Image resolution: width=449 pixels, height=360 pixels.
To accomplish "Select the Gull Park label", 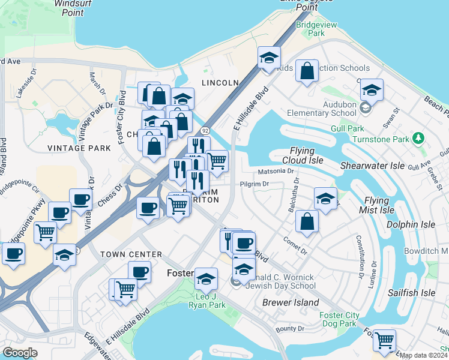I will (347, 128).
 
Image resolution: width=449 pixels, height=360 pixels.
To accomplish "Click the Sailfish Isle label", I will (411, 293).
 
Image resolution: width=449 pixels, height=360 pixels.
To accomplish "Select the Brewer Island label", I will (291, 302).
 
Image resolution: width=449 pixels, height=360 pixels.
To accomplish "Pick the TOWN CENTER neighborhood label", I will (131, 254).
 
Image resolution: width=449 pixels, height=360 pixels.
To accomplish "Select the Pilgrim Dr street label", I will (256, 184).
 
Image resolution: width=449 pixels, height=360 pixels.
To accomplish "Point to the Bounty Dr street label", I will (291, 328).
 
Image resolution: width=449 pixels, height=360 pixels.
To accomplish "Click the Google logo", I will (20, 353).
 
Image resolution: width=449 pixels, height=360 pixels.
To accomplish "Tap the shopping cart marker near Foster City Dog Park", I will (384, 340).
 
